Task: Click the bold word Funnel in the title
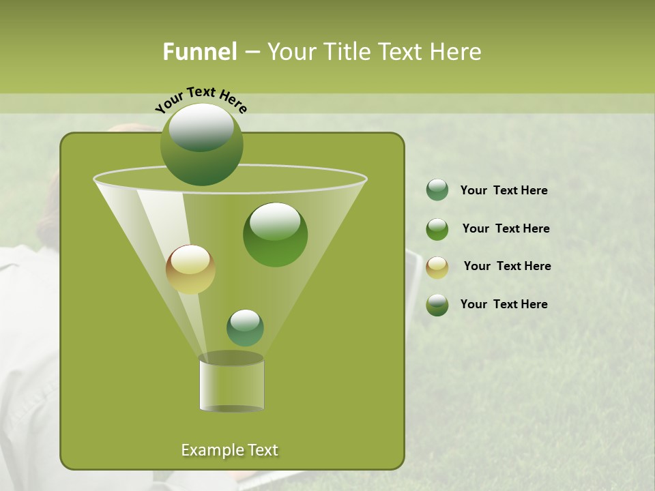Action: (199, 52)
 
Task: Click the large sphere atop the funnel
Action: (202, 144)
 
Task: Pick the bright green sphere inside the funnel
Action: (275, 235)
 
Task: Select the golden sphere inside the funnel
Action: (190, 269)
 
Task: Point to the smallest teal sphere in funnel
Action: (245, 328)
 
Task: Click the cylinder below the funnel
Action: (231, 383)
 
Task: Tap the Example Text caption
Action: (229, 450)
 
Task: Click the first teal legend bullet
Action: (437, 190)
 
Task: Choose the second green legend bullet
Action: (437, 229)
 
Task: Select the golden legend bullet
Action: (437, 267)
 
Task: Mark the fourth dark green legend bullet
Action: (437, 305)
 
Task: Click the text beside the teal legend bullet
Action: (504, 191)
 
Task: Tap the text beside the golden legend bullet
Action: (507, 267)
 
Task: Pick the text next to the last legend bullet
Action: (504, 304)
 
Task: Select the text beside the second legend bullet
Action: (506, 229)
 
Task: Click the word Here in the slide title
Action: (456, 52)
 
